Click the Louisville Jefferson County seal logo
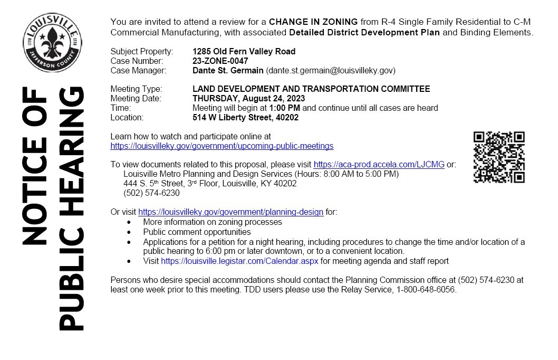pos(52,43)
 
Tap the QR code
pos(498,157)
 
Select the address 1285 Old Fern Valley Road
pos(244,51)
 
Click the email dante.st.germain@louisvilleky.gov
pos(331,70)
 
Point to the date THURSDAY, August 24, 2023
pos(248,98)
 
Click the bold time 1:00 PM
pos(284,108)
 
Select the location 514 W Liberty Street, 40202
pos(245,117)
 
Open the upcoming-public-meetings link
pos(222,146)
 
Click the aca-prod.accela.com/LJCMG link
pos(379,164)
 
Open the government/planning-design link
pos(230,212)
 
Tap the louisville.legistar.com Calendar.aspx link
pos(239,261)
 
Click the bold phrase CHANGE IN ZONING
pos(313,22)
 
